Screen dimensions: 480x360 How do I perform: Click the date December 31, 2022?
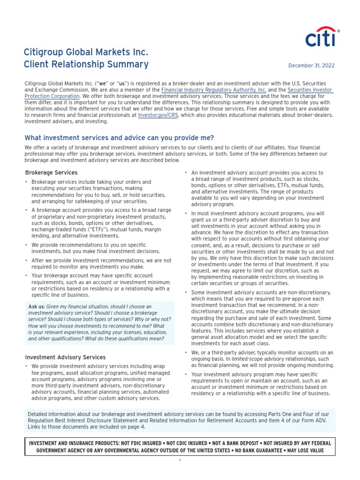click(x=311, y=66)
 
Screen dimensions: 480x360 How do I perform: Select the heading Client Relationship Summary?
click(x=86, y=64)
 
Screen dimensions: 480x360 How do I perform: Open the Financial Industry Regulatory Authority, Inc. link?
click(x=214, y=90)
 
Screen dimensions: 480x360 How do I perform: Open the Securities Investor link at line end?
click(x=310, y=90)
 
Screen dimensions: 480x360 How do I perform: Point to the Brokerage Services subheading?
click(x=51, y=172)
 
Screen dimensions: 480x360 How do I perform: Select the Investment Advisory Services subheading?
click(x=65, y=357)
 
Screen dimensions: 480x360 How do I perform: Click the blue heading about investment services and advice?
click(x=119, y=138)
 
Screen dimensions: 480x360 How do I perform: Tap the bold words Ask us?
click(x=37, y=307)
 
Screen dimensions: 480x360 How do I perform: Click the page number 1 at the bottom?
click(x=180, y=460)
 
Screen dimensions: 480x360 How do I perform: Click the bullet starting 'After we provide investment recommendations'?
click(x=101, y=263)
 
